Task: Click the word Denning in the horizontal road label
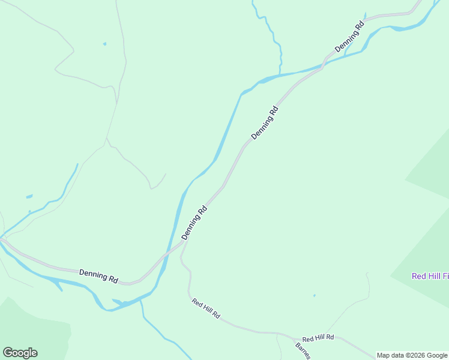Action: (92, 275)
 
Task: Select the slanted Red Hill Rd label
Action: (206, 308)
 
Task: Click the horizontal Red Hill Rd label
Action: (318, 338)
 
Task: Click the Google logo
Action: (20, 353)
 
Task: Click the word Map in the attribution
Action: (384, 355)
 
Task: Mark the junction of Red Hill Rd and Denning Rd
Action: (183, 245)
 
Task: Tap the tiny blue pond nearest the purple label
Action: (314, 295)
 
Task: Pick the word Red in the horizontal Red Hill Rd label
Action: (307, 339)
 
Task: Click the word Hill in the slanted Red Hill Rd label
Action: (206, 308)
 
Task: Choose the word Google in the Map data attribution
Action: (437, 355)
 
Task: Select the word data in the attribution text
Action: (397, 355)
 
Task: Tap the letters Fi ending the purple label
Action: (445, 276)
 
